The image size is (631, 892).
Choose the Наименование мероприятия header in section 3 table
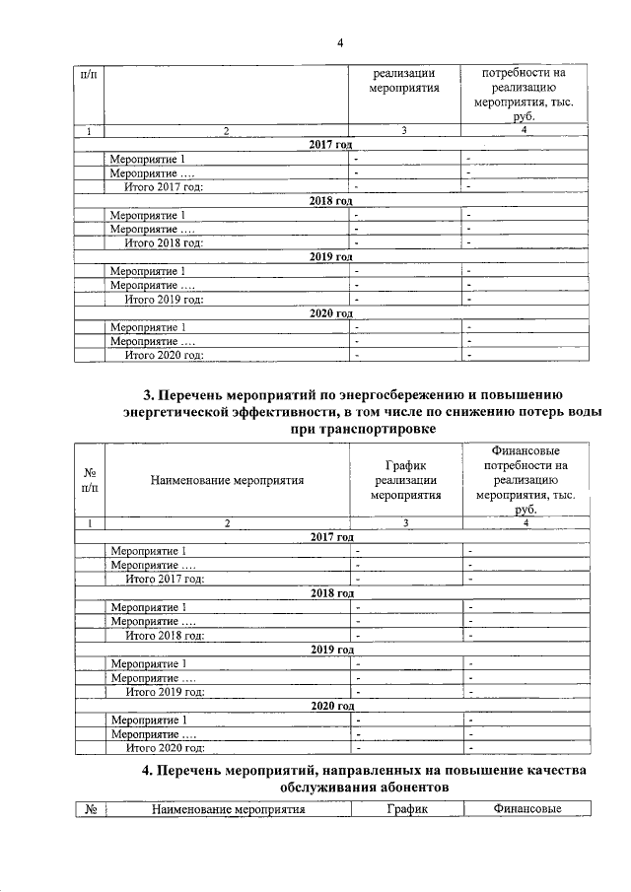[227, 481]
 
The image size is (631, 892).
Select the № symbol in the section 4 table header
[90, 809]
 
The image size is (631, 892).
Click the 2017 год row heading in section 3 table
[331, 537]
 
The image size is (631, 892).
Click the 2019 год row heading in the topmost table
[331, 257]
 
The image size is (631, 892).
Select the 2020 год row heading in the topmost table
[331, 313]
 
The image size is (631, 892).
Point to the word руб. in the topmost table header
[523, 115]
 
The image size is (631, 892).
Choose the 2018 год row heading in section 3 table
[331, 593]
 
